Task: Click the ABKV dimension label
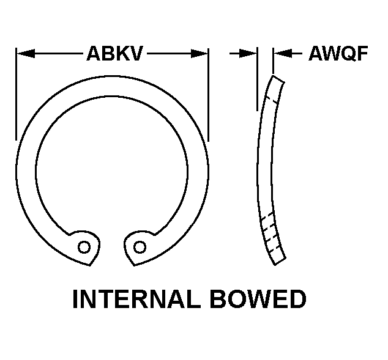(x=114, y=53)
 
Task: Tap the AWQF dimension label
(x=338, y=53)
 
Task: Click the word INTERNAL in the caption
(x=136, y=299)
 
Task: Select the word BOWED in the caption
(x=258, y=299)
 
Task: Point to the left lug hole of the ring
(x=84, y=247)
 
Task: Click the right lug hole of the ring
(x=140, y=247)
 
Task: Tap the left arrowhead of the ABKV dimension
(x=26, y=53)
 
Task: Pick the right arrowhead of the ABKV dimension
(x=199, y=53)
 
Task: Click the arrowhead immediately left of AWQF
(x=283, y=53)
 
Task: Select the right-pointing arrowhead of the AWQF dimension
(x=248, y=53)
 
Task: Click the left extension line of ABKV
(x=16, y=94)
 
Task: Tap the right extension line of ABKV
(x=208, y=95)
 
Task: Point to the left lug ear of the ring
(x=85, y=247)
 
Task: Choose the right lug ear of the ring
(x=138, y=247)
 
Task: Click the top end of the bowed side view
(x=278, y=79)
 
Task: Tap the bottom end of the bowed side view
(x=280, y=262)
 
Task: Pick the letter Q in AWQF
(x=346, y=54)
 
